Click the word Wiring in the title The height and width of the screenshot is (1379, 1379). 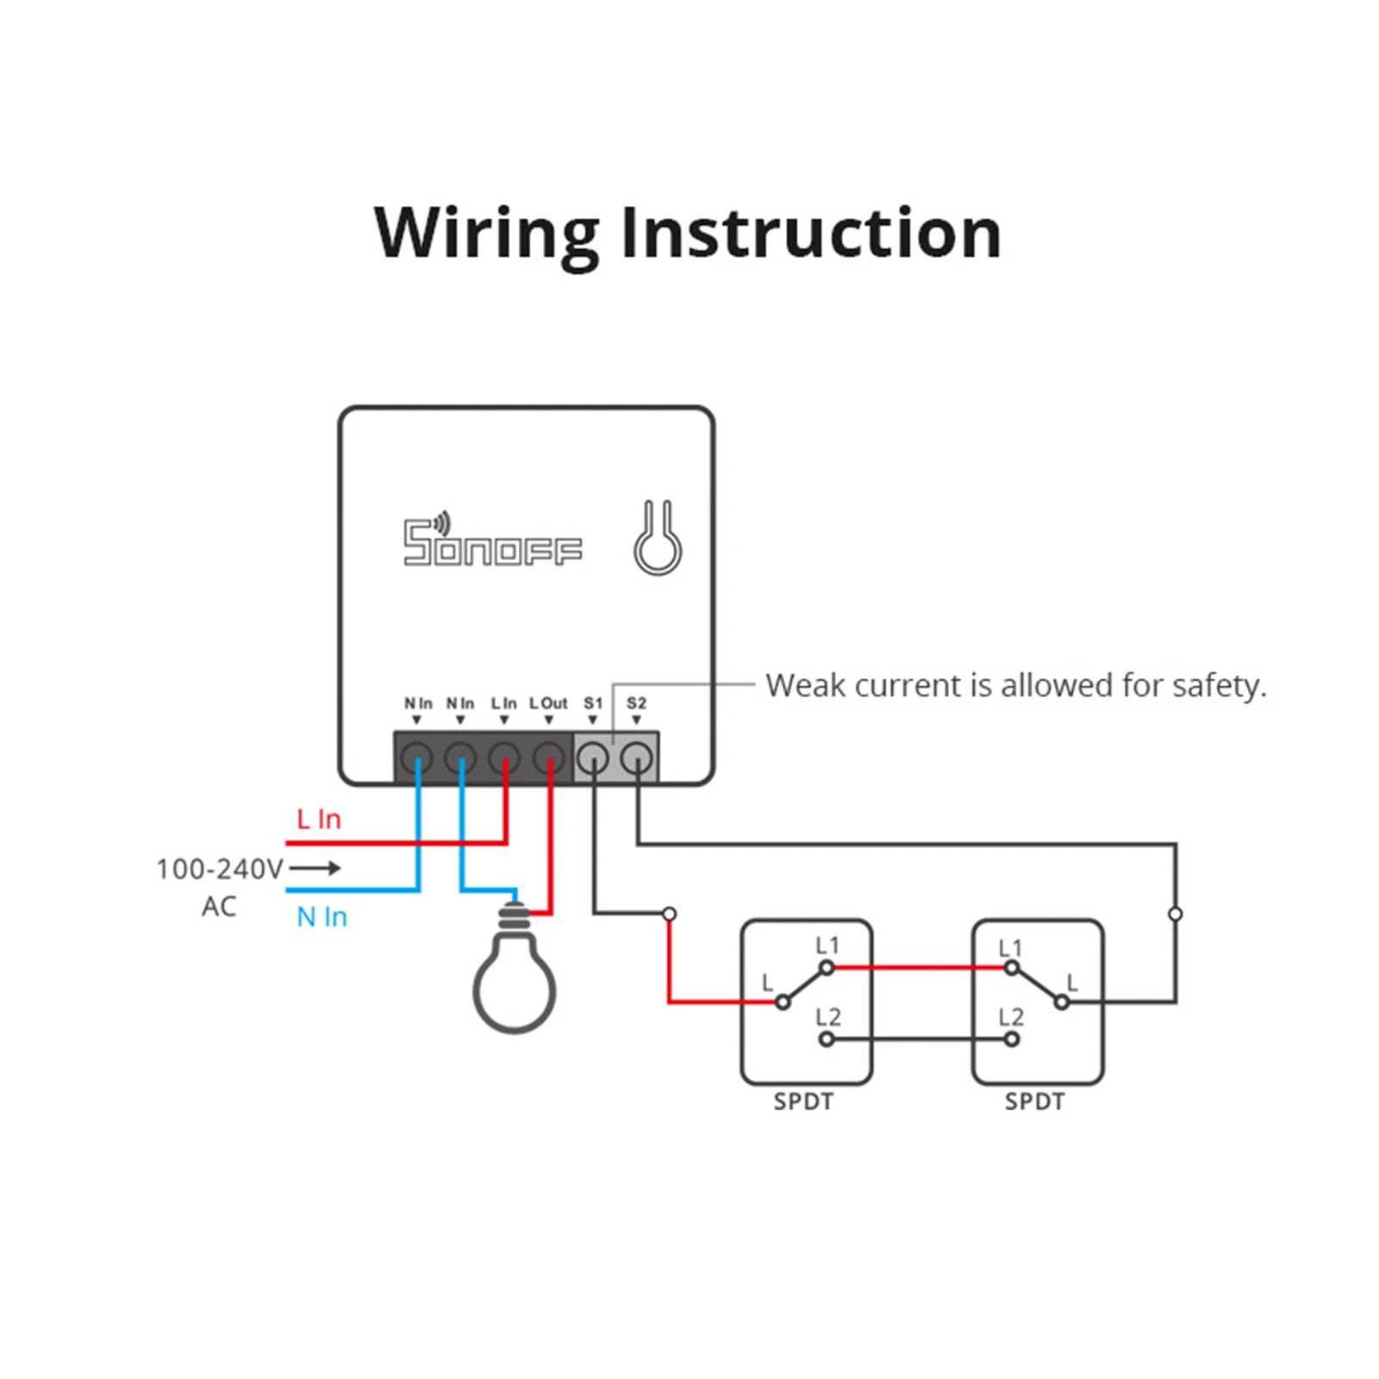(x=486, y=234)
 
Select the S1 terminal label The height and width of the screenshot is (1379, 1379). (x=593, y=703)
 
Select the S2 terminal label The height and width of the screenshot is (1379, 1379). (x=636, y=703)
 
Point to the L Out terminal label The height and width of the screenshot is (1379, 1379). (x=548, y=703)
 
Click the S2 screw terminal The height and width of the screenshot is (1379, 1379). (x=636, y=759)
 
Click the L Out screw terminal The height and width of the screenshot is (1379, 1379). (x=548, y=759)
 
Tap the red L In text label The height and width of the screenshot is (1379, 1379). (x=319, y=819)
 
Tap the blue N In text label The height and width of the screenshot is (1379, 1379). (x=321, y=917)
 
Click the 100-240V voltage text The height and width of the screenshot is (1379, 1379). (x=219, y=869)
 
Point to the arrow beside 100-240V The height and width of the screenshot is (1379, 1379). (x=315, y=868)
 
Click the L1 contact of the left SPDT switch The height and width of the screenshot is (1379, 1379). (x=827, y=968)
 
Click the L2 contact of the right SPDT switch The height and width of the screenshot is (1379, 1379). (x=1012, y=1039)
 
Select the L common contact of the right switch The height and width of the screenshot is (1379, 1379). (x=1063, y=1002)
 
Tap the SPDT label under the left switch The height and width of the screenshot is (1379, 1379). (x=803, y=1101)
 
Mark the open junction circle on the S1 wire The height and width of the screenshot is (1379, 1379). (x=670, y=914)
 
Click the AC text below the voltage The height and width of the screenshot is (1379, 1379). (x=219, y=907)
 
